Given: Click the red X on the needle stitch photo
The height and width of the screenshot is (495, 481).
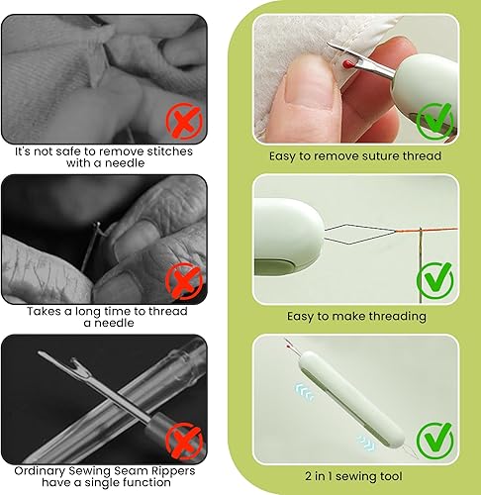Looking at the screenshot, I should pos(181,121).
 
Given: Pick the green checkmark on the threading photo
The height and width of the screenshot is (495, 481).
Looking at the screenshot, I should pos(433,280).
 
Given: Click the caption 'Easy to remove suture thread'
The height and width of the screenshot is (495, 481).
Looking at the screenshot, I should pos(355,155).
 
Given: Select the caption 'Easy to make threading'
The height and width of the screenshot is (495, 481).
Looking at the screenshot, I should pos(355,316).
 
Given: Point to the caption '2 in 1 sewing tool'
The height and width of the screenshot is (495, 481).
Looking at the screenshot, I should pos(355,476).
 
